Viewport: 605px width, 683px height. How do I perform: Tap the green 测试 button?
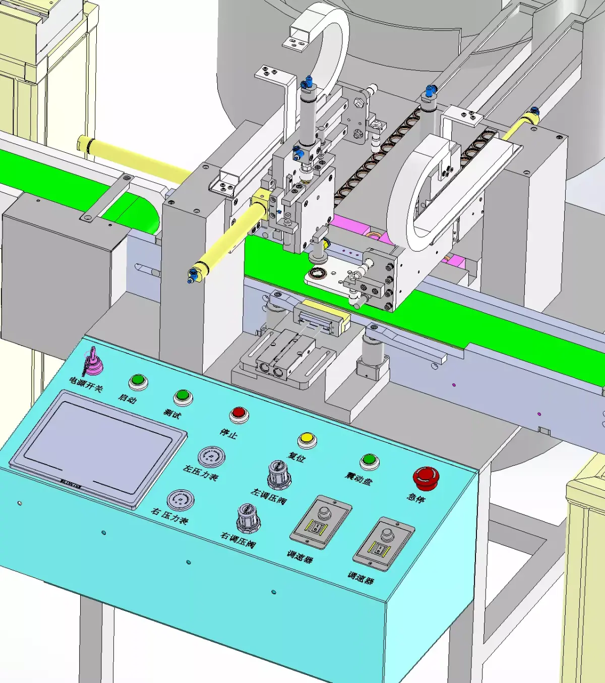tap(183, 396)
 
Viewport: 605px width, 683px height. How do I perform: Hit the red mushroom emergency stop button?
tap(426, 477)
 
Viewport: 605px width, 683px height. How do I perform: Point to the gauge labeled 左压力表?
tap(211, 457)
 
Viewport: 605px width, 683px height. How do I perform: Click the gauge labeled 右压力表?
tap(180, 500)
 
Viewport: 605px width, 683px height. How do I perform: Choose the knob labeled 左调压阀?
tap(278, 475)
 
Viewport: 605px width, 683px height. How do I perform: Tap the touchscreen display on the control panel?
tap(98, 446)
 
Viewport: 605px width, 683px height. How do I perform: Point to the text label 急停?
tap(416, 497)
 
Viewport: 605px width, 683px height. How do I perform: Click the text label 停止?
tap(228, 433)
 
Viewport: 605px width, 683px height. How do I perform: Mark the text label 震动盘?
tap(358, 478)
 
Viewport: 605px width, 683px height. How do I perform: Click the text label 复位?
tap(296, 457)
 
